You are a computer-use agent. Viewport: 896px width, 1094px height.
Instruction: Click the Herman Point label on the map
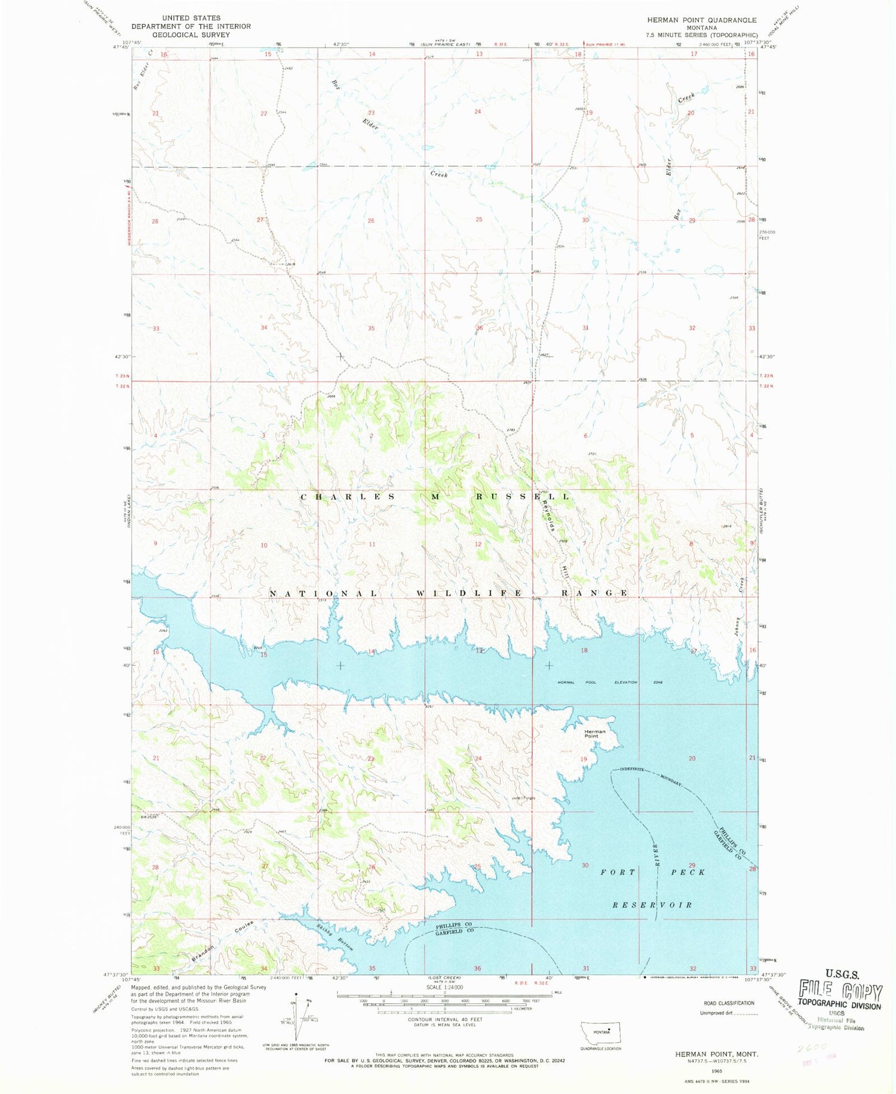595,733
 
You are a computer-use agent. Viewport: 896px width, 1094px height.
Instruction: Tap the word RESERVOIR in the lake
652,905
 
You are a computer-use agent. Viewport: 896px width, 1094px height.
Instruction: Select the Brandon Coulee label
222,942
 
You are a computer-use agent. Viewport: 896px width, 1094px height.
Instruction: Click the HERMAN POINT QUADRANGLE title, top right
701,20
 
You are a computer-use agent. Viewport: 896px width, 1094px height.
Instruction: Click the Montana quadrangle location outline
604,1032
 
